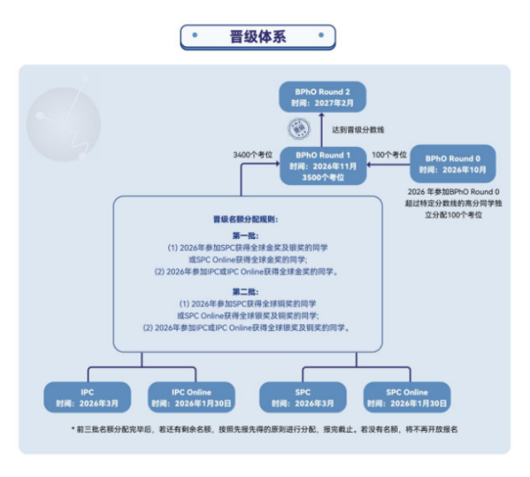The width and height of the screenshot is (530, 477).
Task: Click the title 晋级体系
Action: tap(257, 37)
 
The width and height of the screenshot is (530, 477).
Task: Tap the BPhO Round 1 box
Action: tap(322, 166)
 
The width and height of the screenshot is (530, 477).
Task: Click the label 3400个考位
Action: tap(254, 154)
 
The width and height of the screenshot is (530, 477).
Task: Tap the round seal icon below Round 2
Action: tap(298, 128)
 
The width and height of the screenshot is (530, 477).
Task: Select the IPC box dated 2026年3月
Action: tap(88, 397)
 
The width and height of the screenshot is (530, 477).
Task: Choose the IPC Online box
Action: tap(191, 397)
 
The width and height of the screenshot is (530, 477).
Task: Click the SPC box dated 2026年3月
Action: tap(303, 397)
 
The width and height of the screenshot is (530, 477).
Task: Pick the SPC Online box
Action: tap(406, 397)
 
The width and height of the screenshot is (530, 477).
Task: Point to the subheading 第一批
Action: tap(247, 236)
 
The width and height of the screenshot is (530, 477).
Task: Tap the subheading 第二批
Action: tap(247, 291)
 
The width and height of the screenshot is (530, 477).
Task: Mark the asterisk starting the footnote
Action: tap(73, 429)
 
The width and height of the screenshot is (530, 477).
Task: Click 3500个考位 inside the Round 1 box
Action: tap(322, 177)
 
